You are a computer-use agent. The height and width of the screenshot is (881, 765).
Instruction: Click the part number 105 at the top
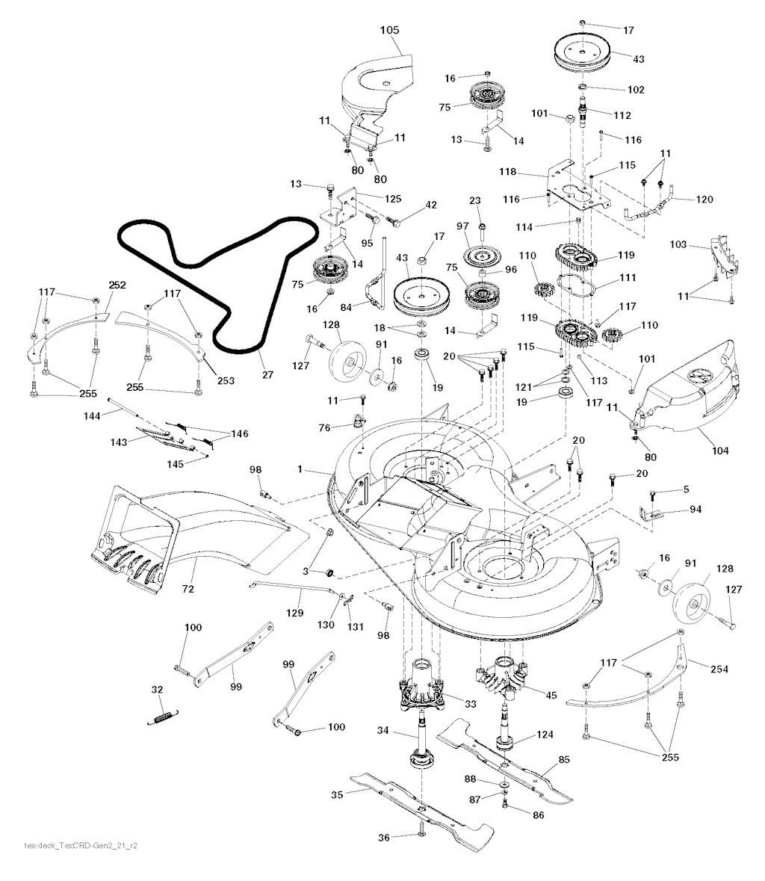pos(389,31)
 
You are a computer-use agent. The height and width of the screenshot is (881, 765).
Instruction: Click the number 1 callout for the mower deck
pos(300,470)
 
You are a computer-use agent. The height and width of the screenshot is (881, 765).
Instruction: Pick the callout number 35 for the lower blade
pos(337,795)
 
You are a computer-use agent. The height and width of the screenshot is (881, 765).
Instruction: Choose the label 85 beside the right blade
pos(563,761)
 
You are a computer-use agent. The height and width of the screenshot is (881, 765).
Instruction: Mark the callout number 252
pos(117,285)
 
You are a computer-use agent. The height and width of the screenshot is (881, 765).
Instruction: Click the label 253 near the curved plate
pos(225,380)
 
